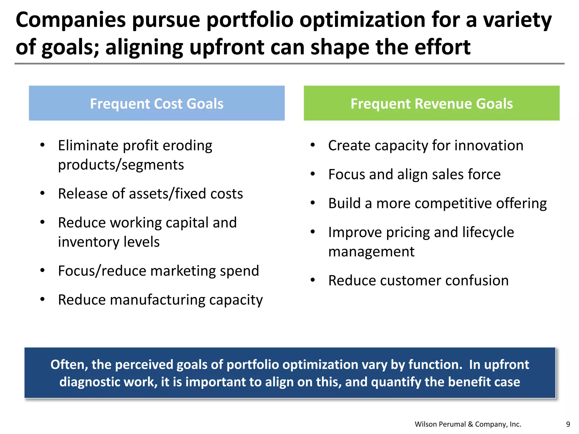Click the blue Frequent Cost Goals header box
pos(157,103)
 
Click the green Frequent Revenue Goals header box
pos(431,103)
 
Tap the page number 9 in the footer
pos(568,424)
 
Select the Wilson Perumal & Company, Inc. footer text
pos(468,424)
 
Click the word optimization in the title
pos(362,20)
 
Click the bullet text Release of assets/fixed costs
pos(150,194)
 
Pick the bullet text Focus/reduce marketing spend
pos(158,271)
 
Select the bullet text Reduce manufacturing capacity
pos(160,300)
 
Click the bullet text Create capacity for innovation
pos(425,146)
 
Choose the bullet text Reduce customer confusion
pos(418,281)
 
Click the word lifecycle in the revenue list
pos(488,233)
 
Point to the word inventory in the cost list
pos(85,242)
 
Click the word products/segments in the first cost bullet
pos(121,165)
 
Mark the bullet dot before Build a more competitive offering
pos(312,203)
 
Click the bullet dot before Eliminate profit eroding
pos(42,145)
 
